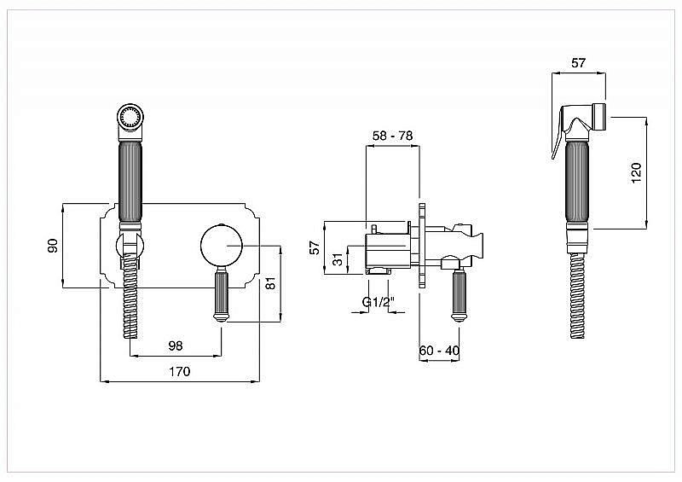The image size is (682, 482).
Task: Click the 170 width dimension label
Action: coord(180,371)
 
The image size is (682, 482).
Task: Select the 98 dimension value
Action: coord(176,346)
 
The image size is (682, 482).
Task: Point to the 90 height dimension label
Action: coord(53,246)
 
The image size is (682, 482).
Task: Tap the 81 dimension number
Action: coord(270,283)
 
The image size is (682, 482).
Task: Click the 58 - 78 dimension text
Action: coord(393,136)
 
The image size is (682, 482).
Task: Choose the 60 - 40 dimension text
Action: coord(439,350)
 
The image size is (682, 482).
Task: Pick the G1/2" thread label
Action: coord(378,302)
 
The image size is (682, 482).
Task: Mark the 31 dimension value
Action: coord(338,260)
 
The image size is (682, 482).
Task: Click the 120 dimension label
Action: coord(636,173)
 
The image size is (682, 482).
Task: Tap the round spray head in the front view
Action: coord(130,117)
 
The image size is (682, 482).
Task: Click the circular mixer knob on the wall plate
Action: coord(222,246)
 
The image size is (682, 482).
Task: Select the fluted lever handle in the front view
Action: coord(221,295)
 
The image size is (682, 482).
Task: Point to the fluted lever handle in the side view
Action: coord(459,295)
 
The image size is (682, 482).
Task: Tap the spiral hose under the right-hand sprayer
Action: coord(578,296)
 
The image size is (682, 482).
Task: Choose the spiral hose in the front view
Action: coord(131,297)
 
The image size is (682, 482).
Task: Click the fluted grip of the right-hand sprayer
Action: coord(578,181)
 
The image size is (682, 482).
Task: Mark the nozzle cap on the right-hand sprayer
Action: coord(598,117)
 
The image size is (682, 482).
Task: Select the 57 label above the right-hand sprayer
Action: coord(578,63)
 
